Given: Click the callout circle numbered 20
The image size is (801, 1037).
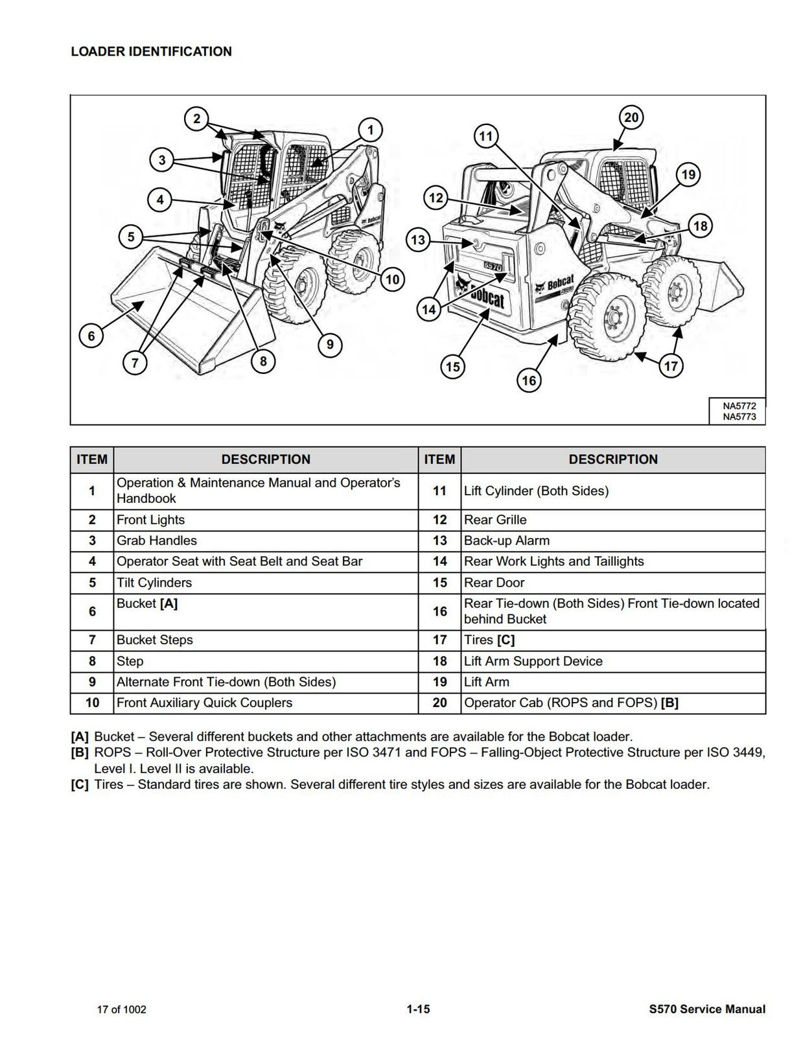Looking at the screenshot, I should [x=631, y=117].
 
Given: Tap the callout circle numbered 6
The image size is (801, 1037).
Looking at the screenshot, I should [x=91, y=336].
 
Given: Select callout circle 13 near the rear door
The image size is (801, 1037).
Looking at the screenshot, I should [x=418, y=240].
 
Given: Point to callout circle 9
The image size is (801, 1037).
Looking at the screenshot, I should [x=330, y=344].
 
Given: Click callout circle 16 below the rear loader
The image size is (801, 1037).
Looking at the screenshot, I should [x=529, y=380].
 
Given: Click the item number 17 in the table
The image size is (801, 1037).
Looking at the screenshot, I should [x=439, y=640].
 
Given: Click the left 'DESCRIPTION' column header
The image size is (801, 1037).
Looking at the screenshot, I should [x=266, y=460].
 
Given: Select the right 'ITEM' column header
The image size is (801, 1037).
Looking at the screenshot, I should [x=439, y=460].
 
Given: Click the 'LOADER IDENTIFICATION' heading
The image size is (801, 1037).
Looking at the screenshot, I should [x=151, y=51].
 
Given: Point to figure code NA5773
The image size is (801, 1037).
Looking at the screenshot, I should [x=739, y=417].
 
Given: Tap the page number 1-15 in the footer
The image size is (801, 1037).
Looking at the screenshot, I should [x=418, y=1008].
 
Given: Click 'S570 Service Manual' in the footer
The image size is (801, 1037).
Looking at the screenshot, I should [x=706, y=1008].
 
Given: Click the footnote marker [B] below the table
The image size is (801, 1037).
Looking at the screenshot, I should [x=80, y=752].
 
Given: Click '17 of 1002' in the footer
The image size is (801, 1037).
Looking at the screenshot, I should [x=122, y=1009].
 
